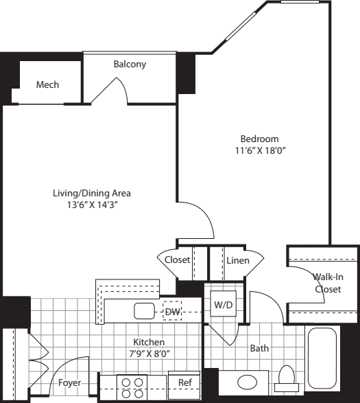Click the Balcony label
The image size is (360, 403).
(130, 64)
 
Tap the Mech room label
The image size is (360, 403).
(47, 84)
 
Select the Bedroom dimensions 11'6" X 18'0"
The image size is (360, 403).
(261, 150)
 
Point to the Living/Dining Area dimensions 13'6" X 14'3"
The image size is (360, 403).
(93, 205)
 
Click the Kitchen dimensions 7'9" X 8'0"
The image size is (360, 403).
(149, 354)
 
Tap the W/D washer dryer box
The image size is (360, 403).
(224, 303)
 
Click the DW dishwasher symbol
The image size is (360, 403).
(172, 311)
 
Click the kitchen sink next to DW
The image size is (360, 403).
(144, 311)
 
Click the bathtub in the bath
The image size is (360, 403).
(322, 358)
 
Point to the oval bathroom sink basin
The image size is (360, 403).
(247, 382)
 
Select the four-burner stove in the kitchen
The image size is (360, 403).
(132, 388)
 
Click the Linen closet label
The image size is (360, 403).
(238, 260)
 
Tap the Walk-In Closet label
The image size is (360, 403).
(328, 283)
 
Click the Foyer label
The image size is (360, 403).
(69, 382)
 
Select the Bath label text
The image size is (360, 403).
(259, 348)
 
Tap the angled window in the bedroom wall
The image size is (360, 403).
(241, 26)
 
